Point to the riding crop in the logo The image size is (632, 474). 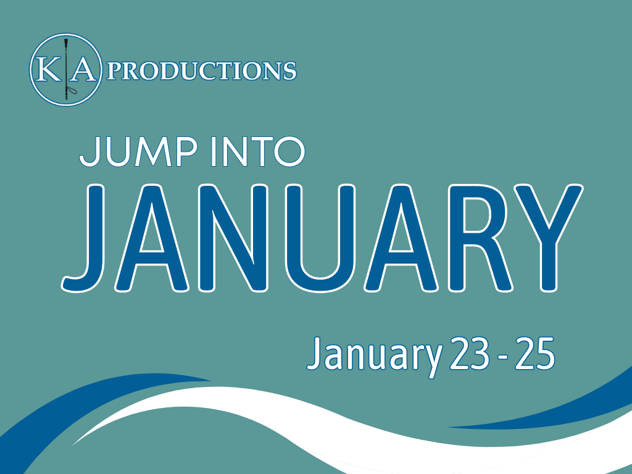(x=66, y=69)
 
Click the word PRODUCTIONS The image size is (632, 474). (x=202, y=72)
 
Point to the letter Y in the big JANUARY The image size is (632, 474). (x=549, y=238)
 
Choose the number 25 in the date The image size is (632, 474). (x=535, y=353)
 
